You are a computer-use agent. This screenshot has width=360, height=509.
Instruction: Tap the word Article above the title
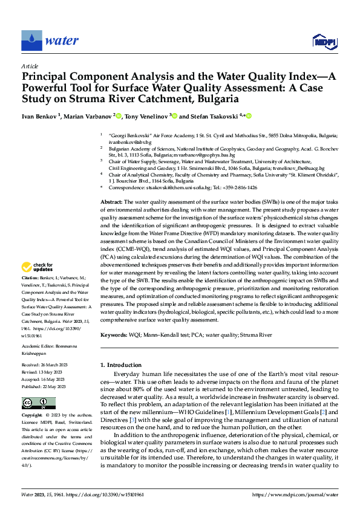coord(30,66)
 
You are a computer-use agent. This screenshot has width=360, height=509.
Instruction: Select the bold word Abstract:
coord(111,201)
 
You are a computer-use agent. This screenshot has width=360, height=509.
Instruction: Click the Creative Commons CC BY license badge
coord(38,403)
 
